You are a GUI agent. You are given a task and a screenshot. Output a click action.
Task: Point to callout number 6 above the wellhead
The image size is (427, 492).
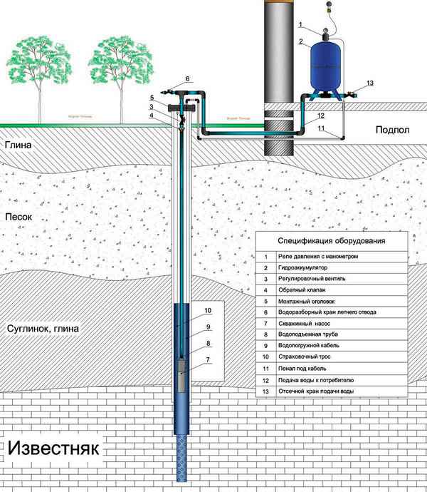(187, 78)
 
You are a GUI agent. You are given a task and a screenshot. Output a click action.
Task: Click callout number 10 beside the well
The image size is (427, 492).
(209, 312)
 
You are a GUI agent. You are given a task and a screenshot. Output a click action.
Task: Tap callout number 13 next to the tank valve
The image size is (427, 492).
(369, 83)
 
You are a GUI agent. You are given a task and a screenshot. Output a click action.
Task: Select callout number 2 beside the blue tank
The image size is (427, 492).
(301, 42)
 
